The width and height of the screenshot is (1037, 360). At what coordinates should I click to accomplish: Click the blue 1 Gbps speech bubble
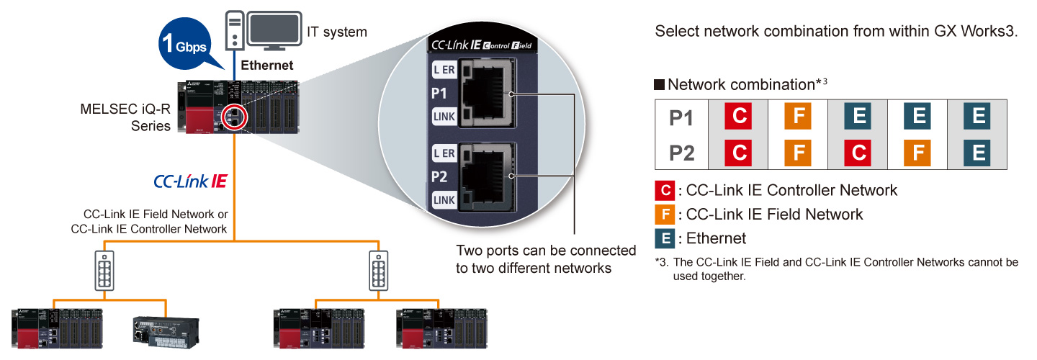[x=183, y=45]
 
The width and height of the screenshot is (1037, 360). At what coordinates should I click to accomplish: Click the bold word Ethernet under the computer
[x=267, y=66]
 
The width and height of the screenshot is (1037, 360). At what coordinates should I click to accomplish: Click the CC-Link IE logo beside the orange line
[x=190, y=181]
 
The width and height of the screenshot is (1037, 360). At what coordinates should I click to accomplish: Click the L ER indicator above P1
[x=444, y=71]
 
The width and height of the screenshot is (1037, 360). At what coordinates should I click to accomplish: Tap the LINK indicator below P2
[x=444, y=199]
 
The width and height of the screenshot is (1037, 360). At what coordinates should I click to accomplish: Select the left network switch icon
[x=104, y=271]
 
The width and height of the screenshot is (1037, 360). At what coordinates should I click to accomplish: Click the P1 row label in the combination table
[x=681, y=117]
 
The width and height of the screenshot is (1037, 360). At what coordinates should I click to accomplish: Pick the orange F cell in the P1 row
[x=798, y=117]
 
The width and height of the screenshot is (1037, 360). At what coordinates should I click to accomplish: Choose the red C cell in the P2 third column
[x=858, y=153]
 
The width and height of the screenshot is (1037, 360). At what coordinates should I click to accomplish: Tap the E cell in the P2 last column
[x=977, y=153]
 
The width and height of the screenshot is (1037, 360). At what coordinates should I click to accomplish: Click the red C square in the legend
[x=664, y=191]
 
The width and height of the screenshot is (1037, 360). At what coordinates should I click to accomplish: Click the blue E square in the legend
[x=664, y=238]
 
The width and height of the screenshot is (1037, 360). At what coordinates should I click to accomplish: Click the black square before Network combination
[x=659, y=85]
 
